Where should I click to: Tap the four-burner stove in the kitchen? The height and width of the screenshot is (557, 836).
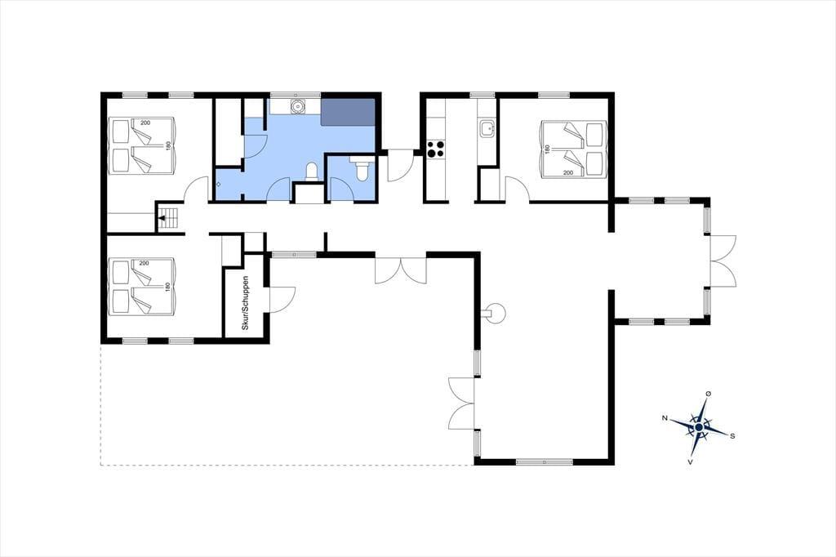pyautogui.click(x=436, y=148)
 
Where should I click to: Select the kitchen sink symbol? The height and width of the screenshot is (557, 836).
pyautogui.click(x=487, y=128)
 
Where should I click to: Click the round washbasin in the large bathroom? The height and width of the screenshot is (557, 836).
pyautogui.click(x=298, y=105)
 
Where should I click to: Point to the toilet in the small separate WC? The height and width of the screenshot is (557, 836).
pyautogui.click(x=361, y=170)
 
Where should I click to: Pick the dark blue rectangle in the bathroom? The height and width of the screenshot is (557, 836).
pyautogui.click(x=348, y=111)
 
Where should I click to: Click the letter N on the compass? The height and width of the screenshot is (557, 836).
pyautogui.click(x=665, y=418)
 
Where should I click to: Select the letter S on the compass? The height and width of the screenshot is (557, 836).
pyautogui.click(x=732, y=436)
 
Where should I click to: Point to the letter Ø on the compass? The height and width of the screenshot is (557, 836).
pyautogui.click(x=708, y=394)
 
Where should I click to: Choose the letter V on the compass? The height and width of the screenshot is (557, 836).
pyautogui.click(x=690, y=461)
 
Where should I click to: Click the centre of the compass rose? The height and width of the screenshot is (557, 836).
pyautogui.click(x=699, y=426)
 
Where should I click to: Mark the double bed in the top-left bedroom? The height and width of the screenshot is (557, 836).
pyautogui.click(x=142, y=145)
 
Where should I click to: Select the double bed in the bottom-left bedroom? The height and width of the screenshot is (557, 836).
pyautogui.click(x=142, y=286)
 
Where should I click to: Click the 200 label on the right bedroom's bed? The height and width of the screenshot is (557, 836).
pyautogui.click(x=568, y=173)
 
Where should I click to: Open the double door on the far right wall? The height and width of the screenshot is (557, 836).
pyautogui.click(x=723, y=261)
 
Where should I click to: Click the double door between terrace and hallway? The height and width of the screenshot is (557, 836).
pyautogui.click(x=401, y=270)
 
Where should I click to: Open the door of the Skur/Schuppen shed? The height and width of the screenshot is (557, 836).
pyautogui.click(x=281, y=299)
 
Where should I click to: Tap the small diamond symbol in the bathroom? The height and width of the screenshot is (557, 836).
pyautogui.click(x=219, y=183)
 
